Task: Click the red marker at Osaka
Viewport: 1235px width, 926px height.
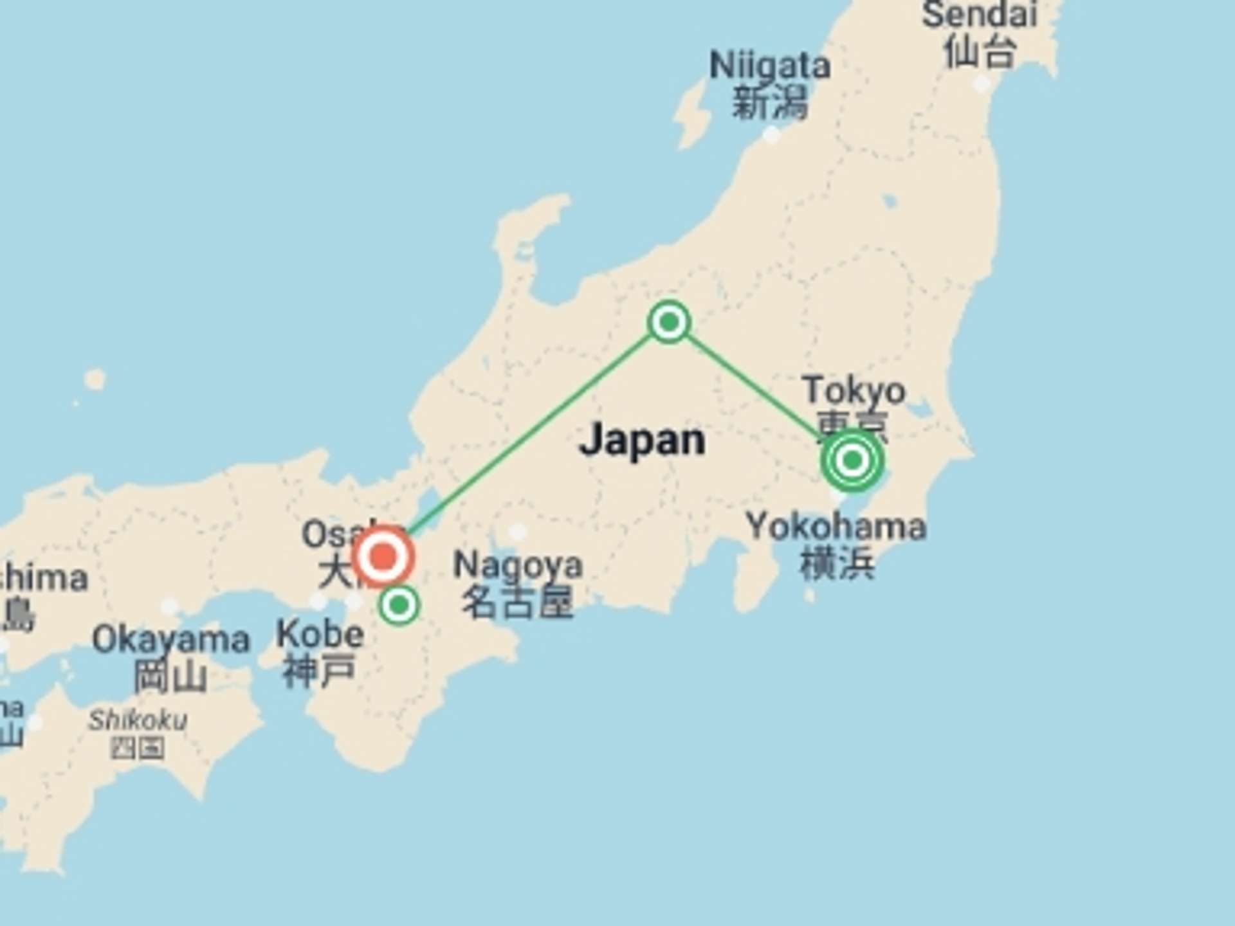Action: [383, 557]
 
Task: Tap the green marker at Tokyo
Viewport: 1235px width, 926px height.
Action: [852, 460]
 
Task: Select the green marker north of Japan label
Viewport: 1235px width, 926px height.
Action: [669, 321]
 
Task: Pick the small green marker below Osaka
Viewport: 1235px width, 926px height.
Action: [399, 604]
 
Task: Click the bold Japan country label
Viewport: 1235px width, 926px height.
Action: [642, 440]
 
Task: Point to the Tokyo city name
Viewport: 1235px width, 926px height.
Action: [854, 390]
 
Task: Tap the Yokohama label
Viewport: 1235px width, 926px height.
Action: [836, 526]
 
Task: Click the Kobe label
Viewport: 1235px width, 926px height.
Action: [320, 635]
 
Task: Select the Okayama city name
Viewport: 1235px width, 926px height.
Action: [170, 640]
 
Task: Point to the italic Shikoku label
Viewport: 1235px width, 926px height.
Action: [138, 720]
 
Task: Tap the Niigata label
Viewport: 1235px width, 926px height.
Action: [769, 66]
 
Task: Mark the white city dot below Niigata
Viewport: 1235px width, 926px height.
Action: [771, 134]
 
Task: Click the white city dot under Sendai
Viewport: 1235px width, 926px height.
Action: [982, 84]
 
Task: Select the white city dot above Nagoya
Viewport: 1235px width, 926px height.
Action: [517, 532]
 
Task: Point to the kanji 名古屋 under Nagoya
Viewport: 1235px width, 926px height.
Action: [517, 603]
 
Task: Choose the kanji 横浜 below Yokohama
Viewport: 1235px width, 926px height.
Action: [836, 563]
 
